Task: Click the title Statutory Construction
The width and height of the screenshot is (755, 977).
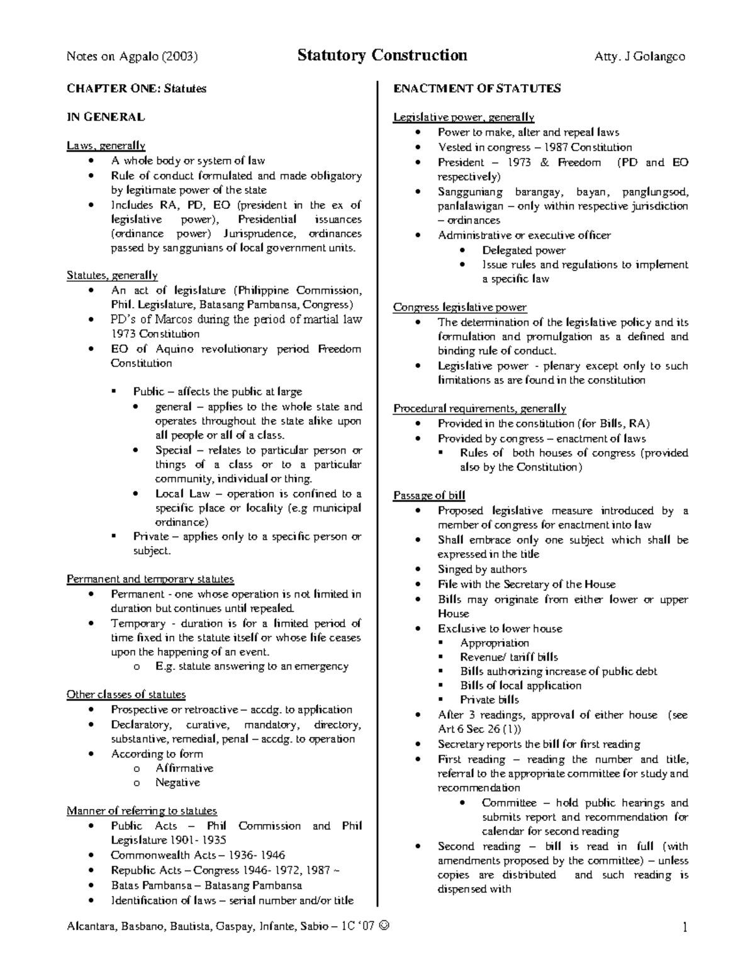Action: tap(382, 55)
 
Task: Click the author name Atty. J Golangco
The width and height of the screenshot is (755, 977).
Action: tap(639, 57)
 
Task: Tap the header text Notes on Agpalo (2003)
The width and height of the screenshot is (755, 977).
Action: tap(132, 57)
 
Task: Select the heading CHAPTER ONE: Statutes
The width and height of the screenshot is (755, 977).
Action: tap(137, 89)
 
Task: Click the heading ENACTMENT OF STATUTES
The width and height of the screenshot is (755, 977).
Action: tap(477, 89)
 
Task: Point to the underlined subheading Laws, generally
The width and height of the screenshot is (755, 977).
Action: tap(106, 146)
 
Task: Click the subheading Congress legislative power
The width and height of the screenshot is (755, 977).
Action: tap(460, 308)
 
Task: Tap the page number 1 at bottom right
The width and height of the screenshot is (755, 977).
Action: tap(685, 927)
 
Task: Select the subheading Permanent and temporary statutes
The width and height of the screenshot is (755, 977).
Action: tap(150, 579)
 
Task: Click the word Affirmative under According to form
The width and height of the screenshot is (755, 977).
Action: tap(184, 768)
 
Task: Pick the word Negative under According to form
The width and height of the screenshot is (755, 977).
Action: tap(177, 783)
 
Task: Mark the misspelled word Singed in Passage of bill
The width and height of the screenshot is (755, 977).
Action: tap(454, 569)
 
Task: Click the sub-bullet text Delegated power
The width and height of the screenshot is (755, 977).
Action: tap(523, 250)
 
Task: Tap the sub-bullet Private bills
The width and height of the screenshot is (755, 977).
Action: tap(489, 700)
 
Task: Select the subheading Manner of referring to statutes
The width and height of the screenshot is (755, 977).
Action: tap(142, 811)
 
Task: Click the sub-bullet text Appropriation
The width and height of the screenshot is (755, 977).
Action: tap(495, 643)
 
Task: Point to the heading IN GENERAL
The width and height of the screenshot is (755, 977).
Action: tap(106, 117)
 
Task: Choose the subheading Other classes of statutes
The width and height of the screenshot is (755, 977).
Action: tap(126, 695)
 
